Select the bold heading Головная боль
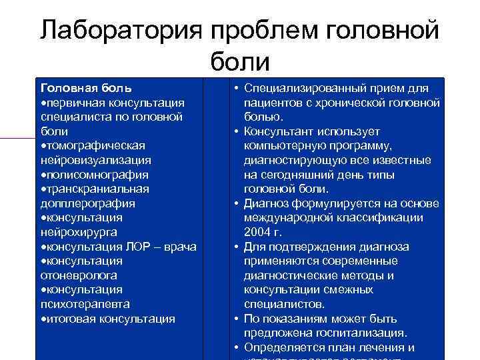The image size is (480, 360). click(x=86, y=88)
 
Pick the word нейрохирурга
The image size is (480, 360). click(x=79, y=232)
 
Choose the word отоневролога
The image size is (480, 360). click(x=79, y=275)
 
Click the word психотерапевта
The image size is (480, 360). click(x=85, y=304)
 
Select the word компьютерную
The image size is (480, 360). click(x=286, y=145)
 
